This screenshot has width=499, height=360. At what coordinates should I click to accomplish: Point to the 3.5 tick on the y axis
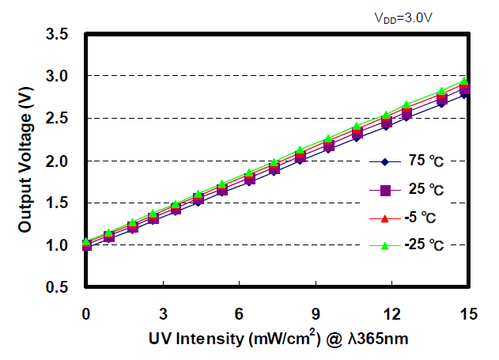[57, 34]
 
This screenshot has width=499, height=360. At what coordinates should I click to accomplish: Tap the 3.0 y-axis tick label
[57, 77]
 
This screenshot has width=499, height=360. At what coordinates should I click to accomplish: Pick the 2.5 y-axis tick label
[57, 119]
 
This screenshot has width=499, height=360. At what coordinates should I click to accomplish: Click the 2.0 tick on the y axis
[57, 161]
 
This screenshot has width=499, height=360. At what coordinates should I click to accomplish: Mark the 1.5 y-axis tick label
[57, 203]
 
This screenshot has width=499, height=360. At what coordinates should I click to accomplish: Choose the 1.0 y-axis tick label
[57, 246]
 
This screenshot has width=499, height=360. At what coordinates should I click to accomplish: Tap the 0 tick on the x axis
[86, 314]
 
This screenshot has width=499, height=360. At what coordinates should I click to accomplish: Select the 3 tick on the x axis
[163, 314]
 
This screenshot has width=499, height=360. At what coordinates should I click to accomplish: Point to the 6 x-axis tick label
[240, 314]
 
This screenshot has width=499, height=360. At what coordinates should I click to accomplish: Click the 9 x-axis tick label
[316, 314]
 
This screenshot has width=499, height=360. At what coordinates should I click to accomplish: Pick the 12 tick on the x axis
[393, 314]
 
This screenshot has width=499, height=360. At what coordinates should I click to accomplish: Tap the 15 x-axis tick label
[469, 314]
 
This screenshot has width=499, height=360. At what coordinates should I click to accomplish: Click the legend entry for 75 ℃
[425, 163]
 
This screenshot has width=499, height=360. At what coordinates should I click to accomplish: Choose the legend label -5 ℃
[424, 218]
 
